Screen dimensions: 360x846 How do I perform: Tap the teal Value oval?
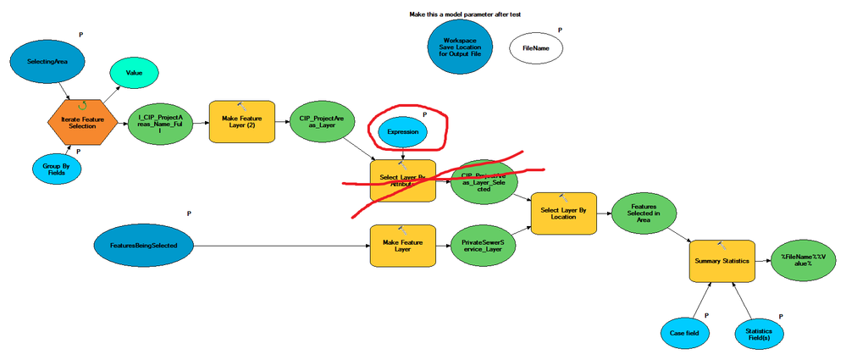tap(134, 74)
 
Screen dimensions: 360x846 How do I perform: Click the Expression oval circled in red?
tap(402, 132)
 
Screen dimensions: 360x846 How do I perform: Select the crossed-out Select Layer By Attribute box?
tap(402, 180)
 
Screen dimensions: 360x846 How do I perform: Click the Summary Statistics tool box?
tap(722, 263)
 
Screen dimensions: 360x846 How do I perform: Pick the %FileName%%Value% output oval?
tap(801, 259)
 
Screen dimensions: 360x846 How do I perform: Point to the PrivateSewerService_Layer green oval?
tap(484, 246)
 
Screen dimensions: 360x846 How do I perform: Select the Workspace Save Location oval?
tap(462, 47)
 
